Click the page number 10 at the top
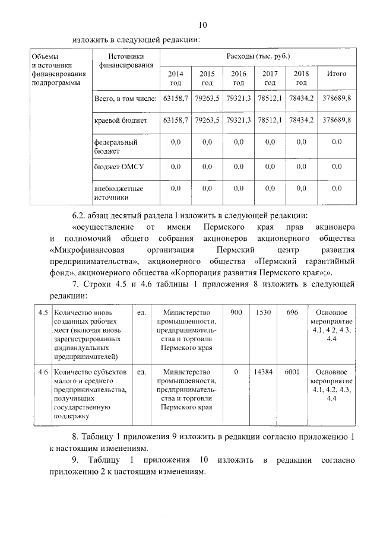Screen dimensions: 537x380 tap(202, 25)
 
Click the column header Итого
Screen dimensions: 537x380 tap(337, 74)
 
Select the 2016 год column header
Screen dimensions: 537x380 tap(239, 78)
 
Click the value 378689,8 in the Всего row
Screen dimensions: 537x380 tap(337, 97)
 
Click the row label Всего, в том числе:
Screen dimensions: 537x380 tap(125, 97)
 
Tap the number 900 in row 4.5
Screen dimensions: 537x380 tap(236, 312)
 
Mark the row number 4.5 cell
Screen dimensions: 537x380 tap(42, 312)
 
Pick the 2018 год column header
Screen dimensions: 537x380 tap(301, 78)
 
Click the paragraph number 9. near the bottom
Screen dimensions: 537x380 tap(75, 460)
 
